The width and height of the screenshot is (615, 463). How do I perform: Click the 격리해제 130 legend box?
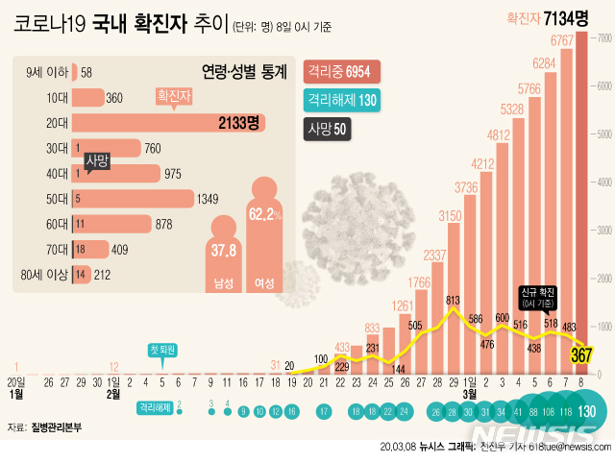click(x=342, y=100)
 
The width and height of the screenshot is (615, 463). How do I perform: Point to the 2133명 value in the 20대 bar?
click(x=239, y=123)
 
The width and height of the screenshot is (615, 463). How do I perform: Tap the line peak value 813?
click(x=452, y=300)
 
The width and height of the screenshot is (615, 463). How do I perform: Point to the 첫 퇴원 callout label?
click(x=162, y=349)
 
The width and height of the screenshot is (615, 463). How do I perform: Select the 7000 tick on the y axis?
click(x=605, y=38)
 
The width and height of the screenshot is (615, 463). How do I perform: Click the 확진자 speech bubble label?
click(x=174, y=97)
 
